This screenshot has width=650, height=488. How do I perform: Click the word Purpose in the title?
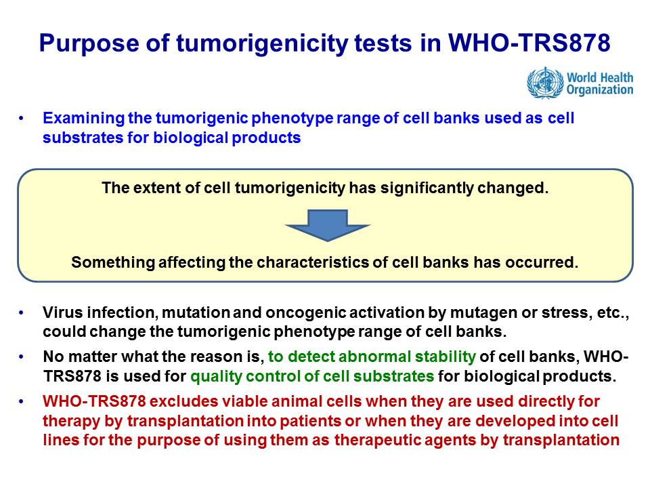coord(89,43)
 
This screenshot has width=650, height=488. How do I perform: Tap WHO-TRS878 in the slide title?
coord(529,42)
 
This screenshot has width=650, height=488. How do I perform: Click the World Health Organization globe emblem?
coord(545,83)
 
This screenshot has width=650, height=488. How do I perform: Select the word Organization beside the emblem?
coord(600,90)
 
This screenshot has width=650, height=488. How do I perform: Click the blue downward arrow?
coord(328,225)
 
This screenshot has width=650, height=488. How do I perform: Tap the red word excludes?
coord(184,401)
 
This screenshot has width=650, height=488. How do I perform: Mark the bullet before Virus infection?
coord(21,312)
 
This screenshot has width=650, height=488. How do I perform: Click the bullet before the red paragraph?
coord(21,401)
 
